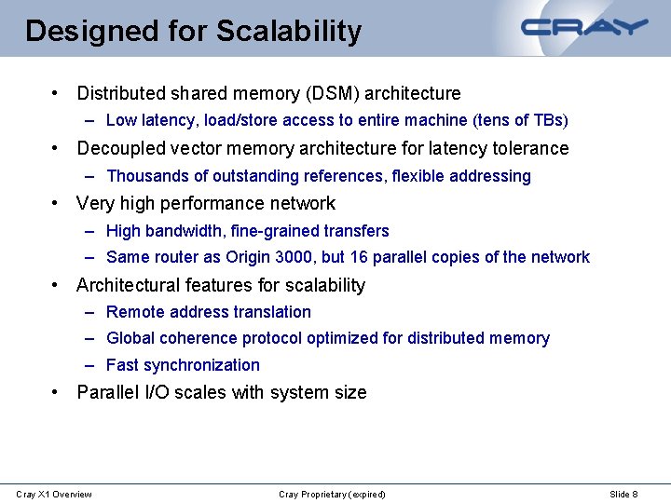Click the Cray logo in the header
click(584, 27)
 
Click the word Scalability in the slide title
click(289, 31)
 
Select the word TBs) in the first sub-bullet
click(550, 120)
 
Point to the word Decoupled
click(117, 149)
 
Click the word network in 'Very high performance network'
click(304, 203)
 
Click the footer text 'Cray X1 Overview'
click(54, 494)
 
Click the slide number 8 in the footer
click(635, 494)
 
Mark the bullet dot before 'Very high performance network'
click(57, 203)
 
